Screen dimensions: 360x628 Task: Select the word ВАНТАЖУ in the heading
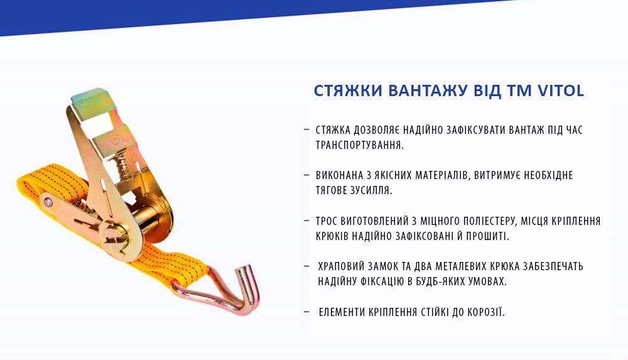point(427,91)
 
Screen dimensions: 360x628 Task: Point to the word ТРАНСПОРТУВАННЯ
point(359,145)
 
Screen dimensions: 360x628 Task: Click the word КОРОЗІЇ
point(482,312)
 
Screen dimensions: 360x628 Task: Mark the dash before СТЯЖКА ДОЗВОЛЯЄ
point(306,129)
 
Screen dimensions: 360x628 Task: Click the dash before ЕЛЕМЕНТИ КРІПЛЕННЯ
point(306,312)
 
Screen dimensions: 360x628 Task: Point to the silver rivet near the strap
point(46,202)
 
